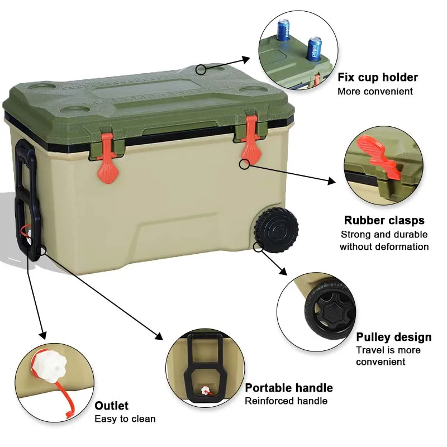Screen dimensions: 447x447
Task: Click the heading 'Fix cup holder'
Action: (377, 77)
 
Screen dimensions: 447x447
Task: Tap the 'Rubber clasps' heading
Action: (384, 220)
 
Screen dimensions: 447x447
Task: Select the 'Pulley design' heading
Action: (393, 337)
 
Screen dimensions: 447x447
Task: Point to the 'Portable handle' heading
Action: (289, 388)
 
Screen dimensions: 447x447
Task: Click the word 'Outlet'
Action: (111, 406)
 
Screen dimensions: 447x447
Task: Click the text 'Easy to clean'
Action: (125, 419)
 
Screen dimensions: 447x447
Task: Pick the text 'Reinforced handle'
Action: (286, 401)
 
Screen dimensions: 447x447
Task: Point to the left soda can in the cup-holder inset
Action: (283, 29)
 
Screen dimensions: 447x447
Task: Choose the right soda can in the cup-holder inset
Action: (313, 49)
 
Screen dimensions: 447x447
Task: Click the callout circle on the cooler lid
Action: (201, 69)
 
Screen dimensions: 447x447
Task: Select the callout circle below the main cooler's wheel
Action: (258, 246)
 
